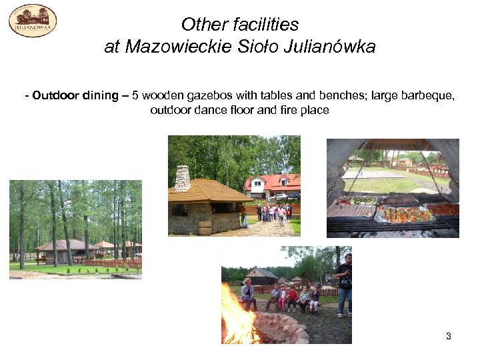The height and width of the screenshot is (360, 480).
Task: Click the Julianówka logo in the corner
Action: pos(32,20)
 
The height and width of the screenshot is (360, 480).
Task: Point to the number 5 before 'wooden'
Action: pos(135,95)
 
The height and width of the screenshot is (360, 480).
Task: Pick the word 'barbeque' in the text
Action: pos(426,95)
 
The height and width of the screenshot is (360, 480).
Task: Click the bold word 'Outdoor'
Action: pos(55,95)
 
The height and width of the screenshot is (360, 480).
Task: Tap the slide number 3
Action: pos(449,336)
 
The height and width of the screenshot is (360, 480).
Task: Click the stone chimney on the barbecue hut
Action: pos(182,178)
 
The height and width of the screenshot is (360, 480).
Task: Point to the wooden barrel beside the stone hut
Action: pos(204,227)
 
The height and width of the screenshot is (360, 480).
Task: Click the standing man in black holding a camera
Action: pos(344,283)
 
